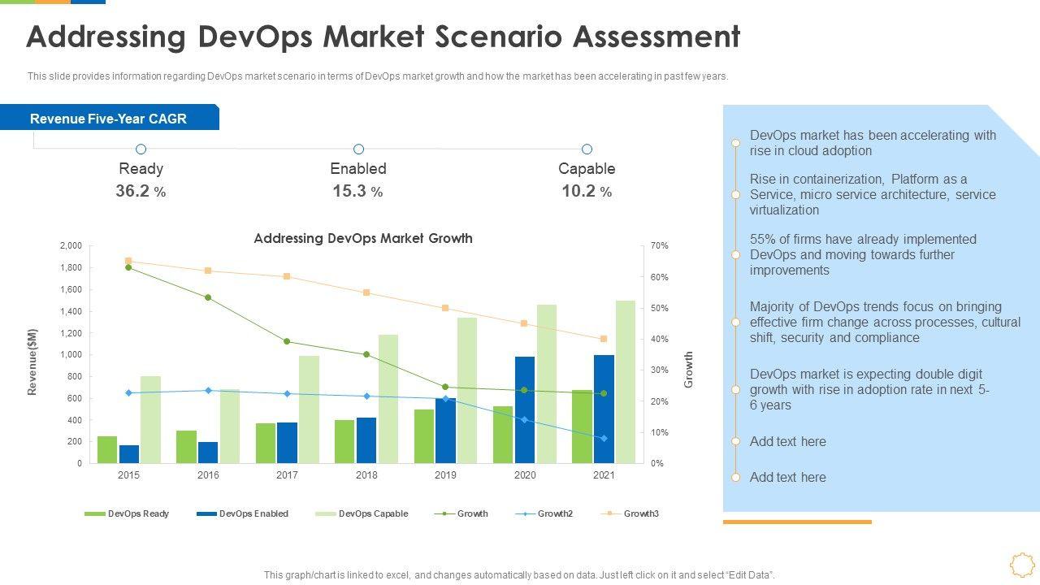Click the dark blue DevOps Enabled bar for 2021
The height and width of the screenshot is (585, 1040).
(x=604, y=409)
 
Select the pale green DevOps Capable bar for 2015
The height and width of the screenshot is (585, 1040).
(x=150, y=419)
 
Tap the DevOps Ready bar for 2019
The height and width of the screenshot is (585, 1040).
(x=424, y=436)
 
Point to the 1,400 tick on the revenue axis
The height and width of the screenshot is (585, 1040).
(x=71, y=311)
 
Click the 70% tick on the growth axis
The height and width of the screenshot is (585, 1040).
(x=659, y=245)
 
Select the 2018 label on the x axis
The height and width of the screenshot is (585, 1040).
(x=366, y=475)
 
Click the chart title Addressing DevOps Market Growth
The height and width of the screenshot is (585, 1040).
(x=363, y=238)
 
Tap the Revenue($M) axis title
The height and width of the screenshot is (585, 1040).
(x=32, y=362)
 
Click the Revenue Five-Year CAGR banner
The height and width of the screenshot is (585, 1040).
(x=109, y=119)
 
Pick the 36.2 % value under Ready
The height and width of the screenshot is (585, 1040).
(x=141, y=192)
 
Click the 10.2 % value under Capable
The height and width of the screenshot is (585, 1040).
(x=587, y=192)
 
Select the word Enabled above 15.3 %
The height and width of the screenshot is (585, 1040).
(x=358, y=169)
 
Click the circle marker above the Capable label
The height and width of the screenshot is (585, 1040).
(x=587, y=149)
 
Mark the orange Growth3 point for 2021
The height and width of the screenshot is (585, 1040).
(x=604, y=339)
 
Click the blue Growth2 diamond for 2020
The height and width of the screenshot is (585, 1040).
(x=524, y=420)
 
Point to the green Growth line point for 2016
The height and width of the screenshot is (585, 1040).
(x=208, y=297)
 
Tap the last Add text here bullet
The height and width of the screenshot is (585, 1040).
(x=787, y=477)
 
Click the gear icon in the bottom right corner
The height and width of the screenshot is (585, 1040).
(x=1021, y=565)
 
